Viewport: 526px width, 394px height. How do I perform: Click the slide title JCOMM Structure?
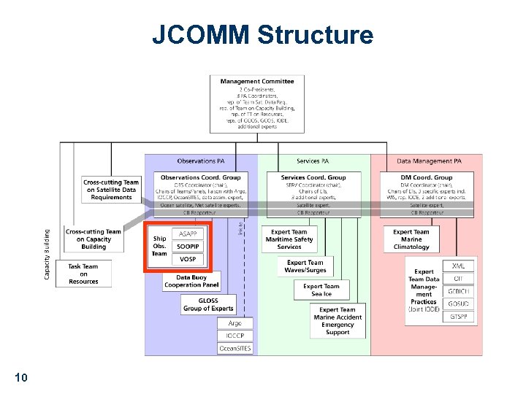(262, 34)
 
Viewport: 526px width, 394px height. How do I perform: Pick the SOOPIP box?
(188, 246)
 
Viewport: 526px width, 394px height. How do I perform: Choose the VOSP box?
(188, 260)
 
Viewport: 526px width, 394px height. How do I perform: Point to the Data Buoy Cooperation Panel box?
(192, 282)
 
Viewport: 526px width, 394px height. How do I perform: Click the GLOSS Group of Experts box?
(208, 304)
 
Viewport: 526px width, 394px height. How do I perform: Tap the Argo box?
(235, 323)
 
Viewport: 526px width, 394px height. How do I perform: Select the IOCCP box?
(235, 336)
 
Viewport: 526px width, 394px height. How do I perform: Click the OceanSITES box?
(235, 349)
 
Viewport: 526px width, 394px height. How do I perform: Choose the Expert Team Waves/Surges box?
(305, 266)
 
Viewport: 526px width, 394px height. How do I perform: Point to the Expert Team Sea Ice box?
(321, 290)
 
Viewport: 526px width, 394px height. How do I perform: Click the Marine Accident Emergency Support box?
(338, 321)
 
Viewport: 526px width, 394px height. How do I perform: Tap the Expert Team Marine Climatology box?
(411, 239)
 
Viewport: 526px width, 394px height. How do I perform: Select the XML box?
(458, 266)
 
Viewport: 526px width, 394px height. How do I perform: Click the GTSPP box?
(458, 317)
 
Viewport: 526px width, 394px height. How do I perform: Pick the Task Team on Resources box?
(83, 274)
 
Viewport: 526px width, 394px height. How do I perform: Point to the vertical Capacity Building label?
(47, 254)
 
